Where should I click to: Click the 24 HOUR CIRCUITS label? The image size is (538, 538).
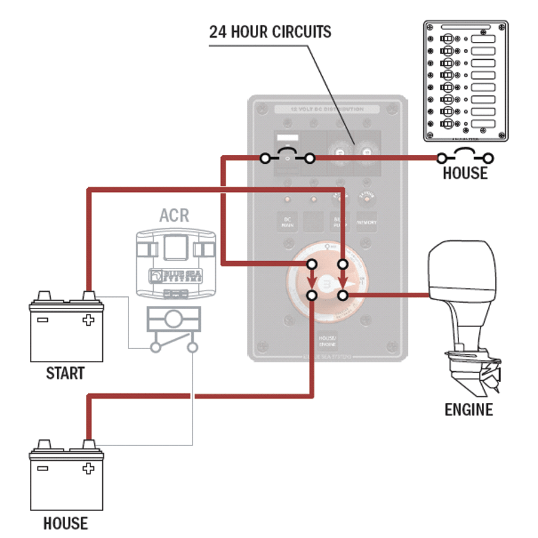[270, 32]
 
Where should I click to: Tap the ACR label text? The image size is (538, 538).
[174, 215]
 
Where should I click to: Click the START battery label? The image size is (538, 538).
[65, 374]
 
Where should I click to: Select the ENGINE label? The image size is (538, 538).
[469, 410]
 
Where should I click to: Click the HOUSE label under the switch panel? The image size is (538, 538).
[465, 173]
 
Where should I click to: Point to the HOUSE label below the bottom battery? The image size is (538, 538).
[65, 524]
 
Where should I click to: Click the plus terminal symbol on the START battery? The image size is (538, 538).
[88, 320]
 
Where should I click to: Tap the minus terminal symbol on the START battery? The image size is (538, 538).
[42, 320]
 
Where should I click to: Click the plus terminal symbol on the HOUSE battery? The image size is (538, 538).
[88, 469]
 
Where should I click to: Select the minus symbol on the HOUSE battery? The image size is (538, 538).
[42, 469]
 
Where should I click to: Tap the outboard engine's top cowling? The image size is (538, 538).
[461, 269]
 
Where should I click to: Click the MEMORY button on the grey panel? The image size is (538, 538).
[366, 222]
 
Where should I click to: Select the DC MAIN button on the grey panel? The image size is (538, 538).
[287, 222]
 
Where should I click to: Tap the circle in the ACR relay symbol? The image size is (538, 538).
[174, 319]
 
